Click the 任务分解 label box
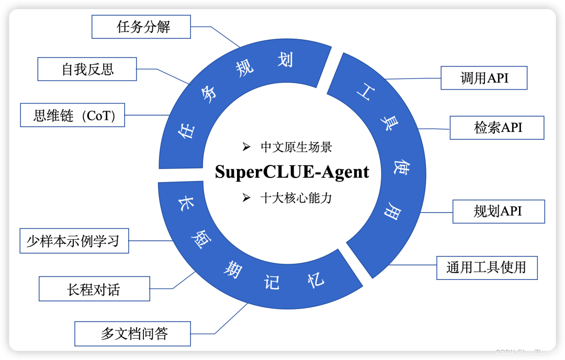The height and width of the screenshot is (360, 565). coord(141,27)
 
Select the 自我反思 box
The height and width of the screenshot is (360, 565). coord(87,69)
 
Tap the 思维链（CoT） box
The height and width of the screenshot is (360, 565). coord(73,115)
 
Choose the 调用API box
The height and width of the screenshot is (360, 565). coord(484,78)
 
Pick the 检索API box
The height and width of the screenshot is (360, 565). coord(497,127)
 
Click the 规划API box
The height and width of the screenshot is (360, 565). coord(498,211)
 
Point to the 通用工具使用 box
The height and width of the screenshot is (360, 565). coord(487,267)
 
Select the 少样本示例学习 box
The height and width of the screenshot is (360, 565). coord(74,241)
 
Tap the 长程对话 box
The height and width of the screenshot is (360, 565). coord(94,289)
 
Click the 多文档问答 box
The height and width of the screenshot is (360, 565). coord(133,333)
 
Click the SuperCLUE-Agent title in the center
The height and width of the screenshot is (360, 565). coord(292,172)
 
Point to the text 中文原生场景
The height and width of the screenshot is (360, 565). coord(296,147)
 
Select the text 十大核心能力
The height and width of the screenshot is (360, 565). coord(296,198)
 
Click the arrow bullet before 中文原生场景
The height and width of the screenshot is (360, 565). coord(246,147)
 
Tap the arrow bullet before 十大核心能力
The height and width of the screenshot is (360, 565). coord(246,198)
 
